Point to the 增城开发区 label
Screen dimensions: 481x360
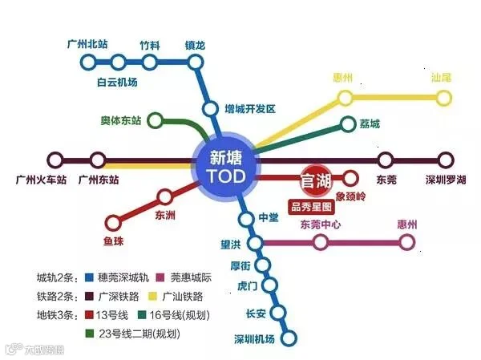pyautogui.click(x=249, y=107)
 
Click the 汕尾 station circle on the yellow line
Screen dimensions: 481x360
pyautogui.click(x=445, y=98)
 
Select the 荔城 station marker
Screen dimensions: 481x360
pyautogui.click(x=346, y=124)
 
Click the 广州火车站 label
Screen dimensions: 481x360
pyautogui.click(x=38, y=179)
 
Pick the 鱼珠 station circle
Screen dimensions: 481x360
pyautogui.click(x=113, y=222)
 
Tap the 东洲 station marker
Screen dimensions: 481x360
pyautogui.click(x=165, y=196)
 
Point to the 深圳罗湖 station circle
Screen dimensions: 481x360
pyautogui.click(x=446, y=160)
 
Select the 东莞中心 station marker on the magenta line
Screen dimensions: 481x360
pyautogui.click(x=321, y=242)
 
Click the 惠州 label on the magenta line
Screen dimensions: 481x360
pyautogui.click(x=407, y=224)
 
